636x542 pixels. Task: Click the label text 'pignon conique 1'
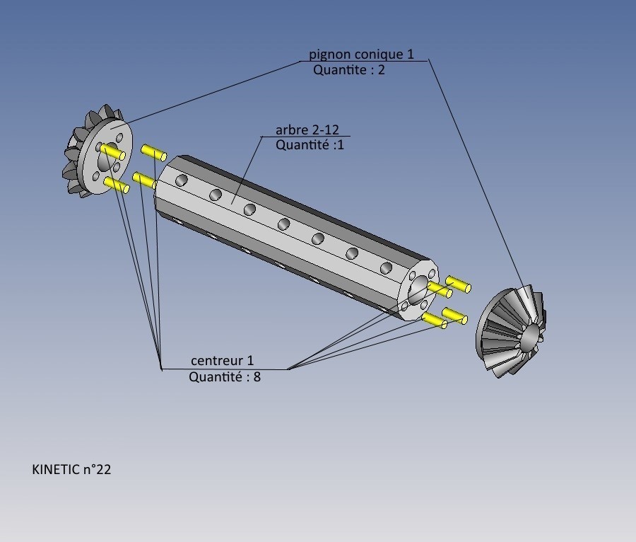click(361, 54)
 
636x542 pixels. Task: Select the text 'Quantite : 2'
click(349, 70)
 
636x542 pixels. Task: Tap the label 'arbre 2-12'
click(307, 130)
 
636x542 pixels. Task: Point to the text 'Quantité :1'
click(310, 144)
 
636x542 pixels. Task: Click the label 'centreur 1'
click(223, 361)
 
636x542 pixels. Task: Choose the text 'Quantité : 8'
click(225, 376)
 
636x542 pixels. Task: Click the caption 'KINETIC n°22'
click(71, 470)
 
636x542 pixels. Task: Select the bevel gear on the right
click(511, 331)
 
